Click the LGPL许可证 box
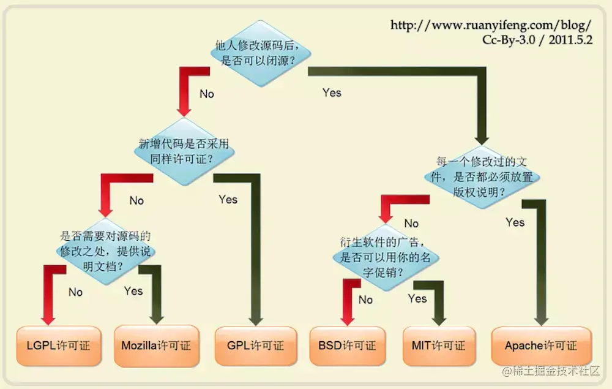[58, 346]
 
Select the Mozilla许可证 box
[156, 346]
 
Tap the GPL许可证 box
[255, 346]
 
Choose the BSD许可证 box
[347, 346]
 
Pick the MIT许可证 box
[439, 346]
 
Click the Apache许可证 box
[541, 346]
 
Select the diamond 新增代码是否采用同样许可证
[184, 150]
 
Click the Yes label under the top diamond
[332, 93]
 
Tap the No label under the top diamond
[207, 94]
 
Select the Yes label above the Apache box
[515, 222]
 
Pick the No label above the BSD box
[365, 300]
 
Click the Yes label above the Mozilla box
[133, 291]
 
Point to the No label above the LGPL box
[75, 292]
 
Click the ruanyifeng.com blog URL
[491, 26]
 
